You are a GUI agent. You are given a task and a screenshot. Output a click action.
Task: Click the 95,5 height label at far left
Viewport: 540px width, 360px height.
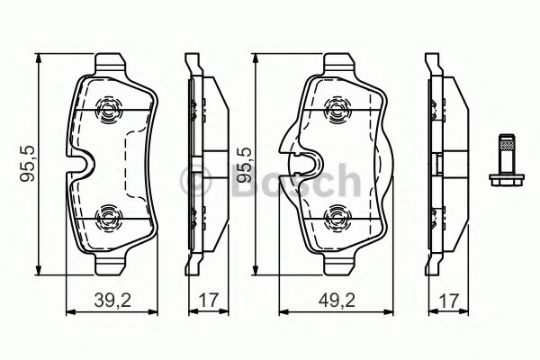click(x=28, y=163)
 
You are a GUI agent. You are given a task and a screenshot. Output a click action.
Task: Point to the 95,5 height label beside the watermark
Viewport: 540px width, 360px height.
click(x=244, y=165)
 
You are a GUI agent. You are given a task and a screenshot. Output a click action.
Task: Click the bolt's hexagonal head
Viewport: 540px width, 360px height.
click(x=507, y=180)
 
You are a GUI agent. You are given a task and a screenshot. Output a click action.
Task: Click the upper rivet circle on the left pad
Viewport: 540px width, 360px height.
click(x=109, y=110)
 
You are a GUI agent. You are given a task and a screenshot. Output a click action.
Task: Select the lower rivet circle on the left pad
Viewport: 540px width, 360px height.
click(x=109, y=218)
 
